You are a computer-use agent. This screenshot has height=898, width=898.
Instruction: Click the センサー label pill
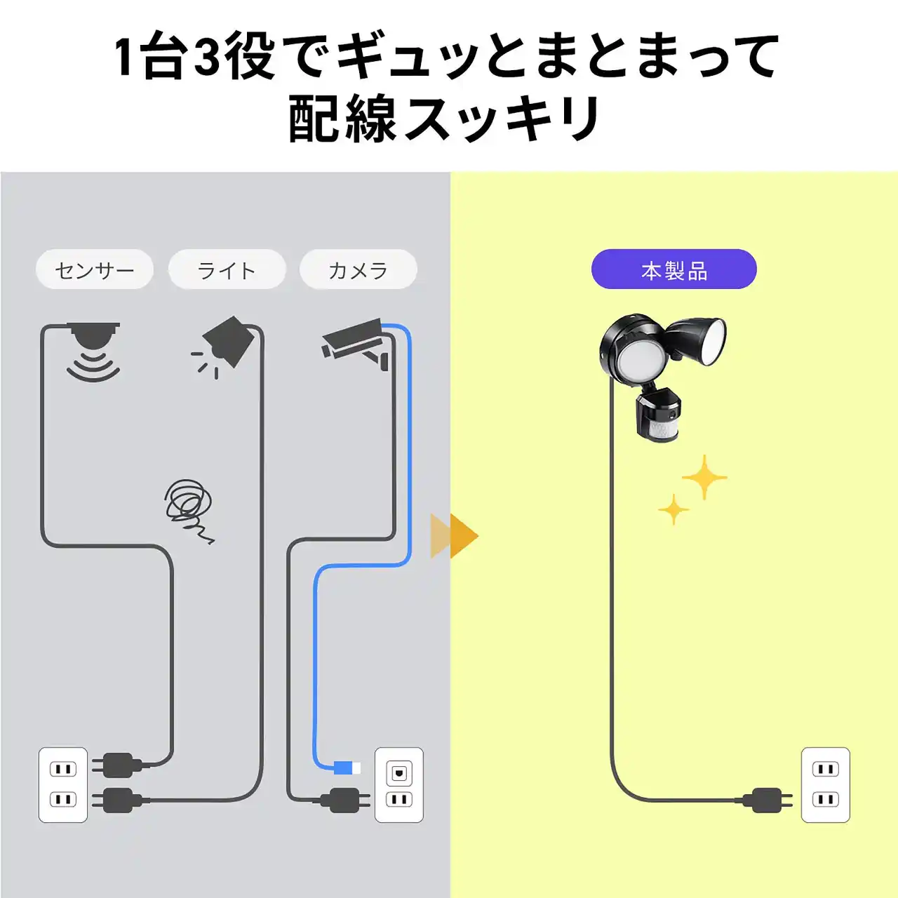coord(95,269)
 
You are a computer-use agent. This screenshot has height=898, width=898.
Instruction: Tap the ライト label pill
coord(227,269)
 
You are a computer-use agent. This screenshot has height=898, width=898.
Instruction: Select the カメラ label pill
coord(358,269)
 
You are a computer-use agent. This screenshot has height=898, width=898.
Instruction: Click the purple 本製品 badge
coord(673,269)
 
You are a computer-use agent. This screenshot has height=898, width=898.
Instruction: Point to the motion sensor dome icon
coord(93,351)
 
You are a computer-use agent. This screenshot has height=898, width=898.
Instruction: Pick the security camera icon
coord(356,345)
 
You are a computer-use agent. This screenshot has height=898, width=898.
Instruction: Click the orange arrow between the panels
coord(455,536)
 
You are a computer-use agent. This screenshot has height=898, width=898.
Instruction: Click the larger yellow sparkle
coord(704,478)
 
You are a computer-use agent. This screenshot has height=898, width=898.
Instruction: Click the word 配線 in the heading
coord(342,118)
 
